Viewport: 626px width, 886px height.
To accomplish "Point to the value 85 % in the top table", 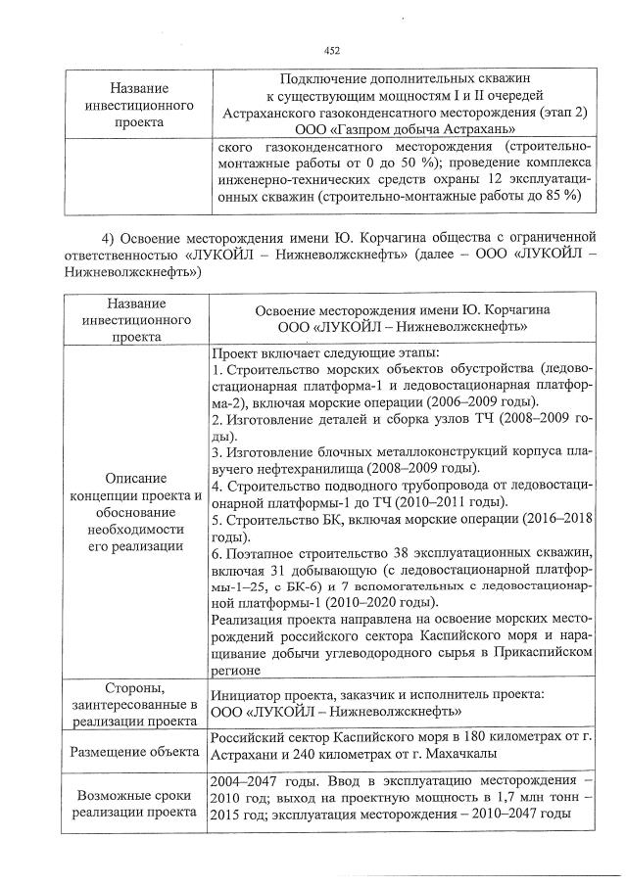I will (560, 196).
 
